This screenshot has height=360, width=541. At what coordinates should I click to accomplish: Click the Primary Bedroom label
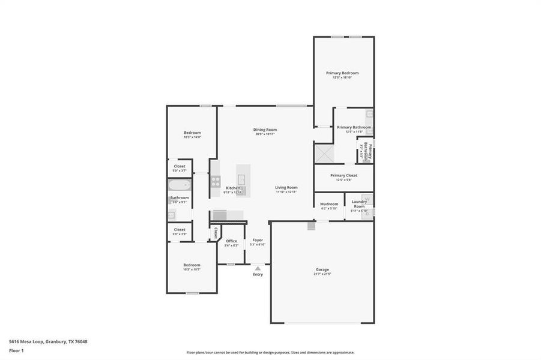pyautogui.click(x=346, y=73)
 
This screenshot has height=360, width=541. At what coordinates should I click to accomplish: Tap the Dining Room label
pyautogui.click(x=265, y=130)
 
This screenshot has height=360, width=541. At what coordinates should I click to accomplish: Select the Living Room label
pyautogui.click(x=286, y=187)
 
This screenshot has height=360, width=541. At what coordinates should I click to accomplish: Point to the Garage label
pyautogui.click(x=322, y=269)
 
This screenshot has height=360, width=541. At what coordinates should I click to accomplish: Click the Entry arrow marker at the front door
pyautogui.click(x=258, y=268)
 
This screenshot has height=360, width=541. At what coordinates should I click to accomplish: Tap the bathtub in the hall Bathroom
pyautogui.click(x=179, y=184)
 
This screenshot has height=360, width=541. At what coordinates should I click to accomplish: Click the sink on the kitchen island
pyautogui.click(x=241, y=179)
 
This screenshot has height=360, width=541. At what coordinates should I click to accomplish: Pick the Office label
pyautogui.click(x=231, y=241)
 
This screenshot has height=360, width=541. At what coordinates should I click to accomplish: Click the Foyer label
pyautogui.click(x=258, y=240)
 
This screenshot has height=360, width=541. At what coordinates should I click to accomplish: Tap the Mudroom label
pyautogui.click(x=329, y=204)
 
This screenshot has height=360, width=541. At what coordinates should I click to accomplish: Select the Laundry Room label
pyautogui.click(x=359, y=204)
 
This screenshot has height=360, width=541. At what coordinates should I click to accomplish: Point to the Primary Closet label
pyautogui.click(x=343, y=175)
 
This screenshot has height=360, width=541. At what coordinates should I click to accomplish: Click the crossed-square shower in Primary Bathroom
pyautogui.click(x=324, y=153)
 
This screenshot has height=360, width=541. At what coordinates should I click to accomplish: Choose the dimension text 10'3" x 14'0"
pyautogui.click(x=192, y=137)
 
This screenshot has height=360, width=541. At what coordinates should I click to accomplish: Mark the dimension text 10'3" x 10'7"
pyautogui.click(x=192, y=269)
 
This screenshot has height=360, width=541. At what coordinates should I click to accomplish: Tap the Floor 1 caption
pyautogui.click(x=16, y=350)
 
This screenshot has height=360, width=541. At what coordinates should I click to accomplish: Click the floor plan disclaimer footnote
pyautogui.click(x=270, y=353)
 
